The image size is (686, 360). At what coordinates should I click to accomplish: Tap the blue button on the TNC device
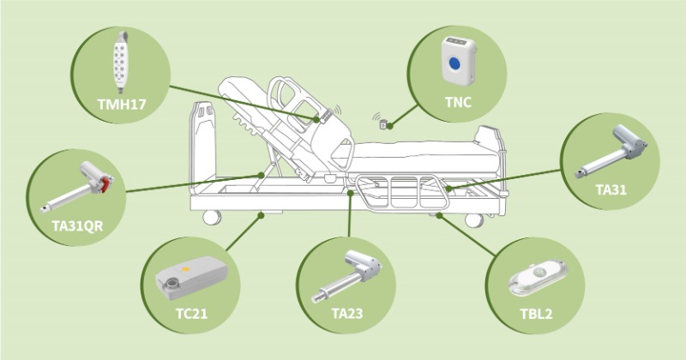tap(455, 63)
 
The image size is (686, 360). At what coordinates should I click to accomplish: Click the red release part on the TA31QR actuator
tap(102, 183)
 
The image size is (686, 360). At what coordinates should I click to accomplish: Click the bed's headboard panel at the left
tap(203, 146)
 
